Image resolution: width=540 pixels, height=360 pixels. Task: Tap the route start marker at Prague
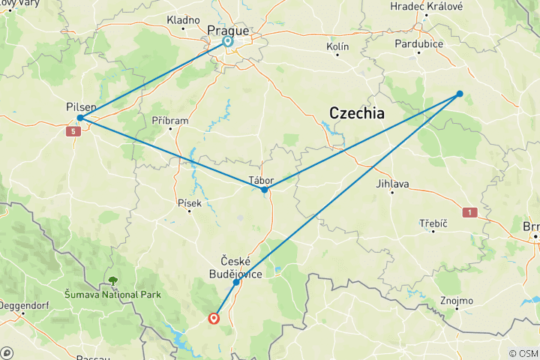coord(226,42)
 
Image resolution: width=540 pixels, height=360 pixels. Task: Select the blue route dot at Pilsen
coord(79,118)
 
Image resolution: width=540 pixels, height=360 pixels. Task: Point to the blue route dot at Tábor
coord(264,190)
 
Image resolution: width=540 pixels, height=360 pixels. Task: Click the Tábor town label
coord(261,180)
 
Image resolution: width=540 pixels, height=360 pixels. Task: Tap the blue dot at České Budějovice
coord(236,282)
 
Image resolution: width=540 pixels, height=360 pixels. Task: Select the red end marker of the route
coord(214,318)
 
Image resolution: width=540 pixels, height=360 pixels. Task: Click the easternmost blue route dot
coord(460,94)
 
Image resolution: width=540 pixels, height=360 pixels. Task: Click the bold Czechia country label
coord(356,113)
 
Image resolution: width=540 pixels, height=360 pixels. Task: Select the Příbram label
coord(170,120)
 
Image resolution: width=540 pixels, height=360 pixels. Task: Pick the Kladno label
coord(183,19)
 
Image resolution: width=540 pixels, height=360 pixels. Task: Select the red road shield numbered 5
coord(72,132)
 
